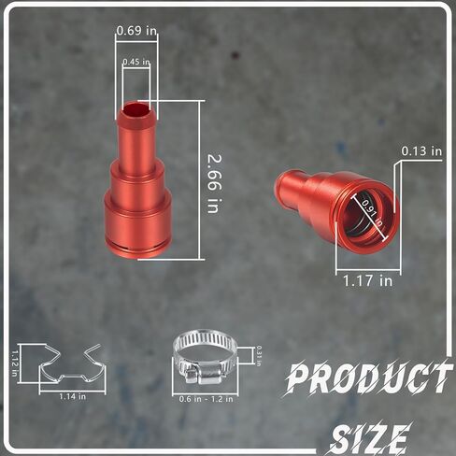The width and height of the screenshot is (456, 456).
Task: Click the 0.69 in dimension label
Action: point(136,32)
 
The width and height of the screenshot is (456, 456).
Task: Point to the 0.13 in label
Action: point(420,150)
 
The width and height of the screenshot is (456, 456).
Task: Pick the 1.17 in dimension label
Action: point(366,278)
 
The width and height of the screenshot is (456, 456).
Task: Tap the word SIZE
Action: point(370,436)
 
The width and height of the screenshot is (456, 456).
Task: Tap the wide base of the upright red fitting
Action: point(137,224)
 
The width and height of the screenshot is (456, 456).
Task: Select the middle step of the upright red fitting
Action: point(137,177)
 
